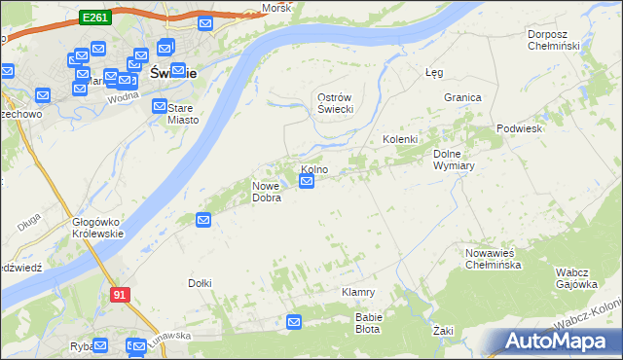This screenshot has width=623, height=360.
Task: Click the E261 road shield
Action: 95,18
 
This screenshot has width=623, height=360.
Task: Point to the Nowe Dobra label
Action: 267,192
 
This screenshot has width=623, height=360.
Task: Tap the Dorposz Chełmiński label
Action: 553,40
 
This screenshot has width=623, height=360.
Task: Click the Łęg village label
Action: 435,72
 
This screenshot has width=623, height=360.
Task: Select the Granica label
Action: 463,97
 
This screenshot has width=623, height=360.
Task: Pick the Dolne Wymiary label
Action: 453,160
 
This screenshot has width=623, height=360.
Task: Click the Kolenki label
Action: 399,139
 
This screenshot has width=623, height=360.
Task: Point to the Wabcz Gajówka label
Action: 575,278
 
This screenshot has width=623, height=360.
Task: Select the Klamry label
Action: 358,292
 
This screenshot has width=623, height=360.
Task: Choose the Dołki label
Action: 200,283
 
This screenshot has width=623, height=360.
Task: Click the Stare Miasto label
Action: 182,114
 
